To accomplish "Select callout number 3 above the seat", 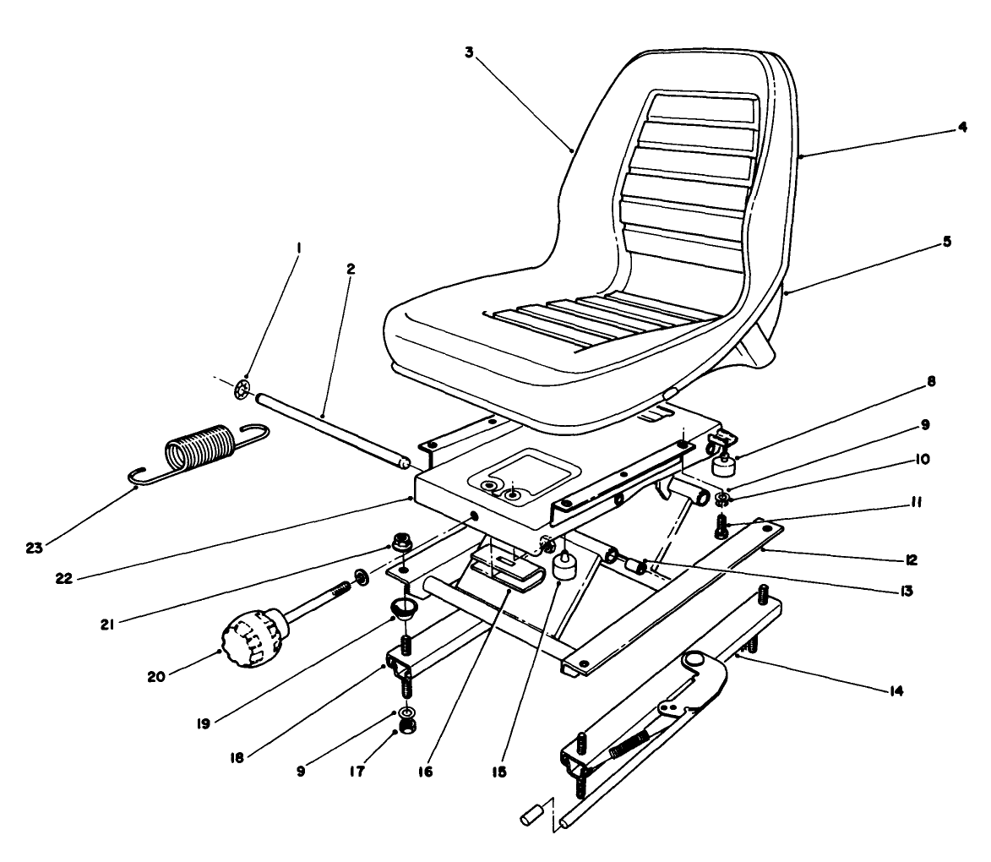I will click(469, 52).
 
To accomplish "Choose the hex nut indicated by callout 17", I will click(407, 728).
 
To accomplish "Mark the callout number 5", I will click(946, 241).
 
